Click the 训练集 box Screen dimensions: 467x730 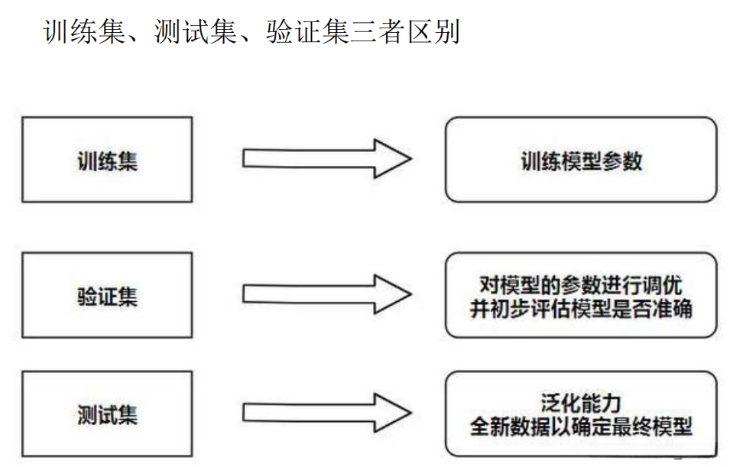tap(107, 160)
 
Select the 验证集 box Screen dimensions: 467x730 tap(107, 296)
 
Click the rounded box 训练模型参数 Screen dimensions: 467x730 tap(580, 160)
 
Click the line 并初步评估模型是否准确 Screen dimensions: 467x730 tap(581, 308)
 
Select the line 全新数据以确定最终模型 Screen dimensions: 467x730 tap(581, 426)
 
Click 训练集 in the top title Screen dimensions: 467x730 tap(84, 33)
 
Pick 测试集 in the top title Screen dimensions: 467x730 tap(195, 33)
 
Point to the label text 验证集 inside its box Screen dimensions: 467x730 tap(107, 296)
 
